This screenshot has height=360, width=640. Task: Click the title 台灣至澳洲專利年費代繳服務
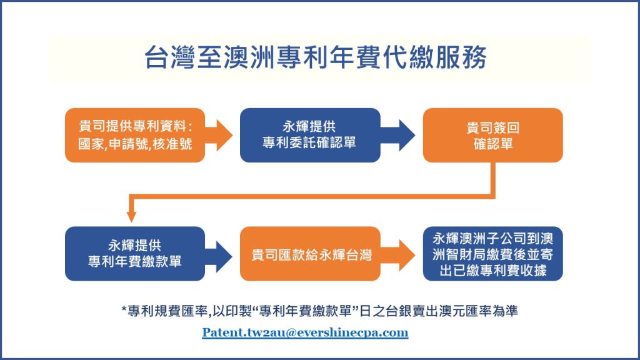tap(316, 57)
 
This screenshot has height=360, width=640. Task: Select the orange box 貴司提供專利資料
tap(135, 135)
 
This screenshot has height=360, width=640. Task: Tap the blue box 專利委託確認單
tap(310, 135)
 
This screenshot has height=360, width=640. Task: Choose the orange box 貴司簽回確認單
tap(492, 135)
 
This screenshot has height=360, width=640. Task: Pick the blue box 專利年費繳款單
tap(135, 254)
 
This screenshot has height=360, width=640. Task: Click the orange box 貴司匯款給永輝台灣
tap(310, 254)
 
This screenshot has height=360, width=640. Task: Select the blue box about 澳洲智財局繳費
tap(492, 254)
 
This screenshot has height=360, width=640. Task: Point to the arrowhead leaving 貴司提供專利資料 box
tap(224, 135)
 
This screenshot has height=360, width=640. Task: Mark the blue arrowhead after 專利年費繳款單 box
tap(224, 256)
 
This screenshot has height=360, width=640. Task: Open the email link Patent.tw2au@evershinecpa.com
tap(305, 332)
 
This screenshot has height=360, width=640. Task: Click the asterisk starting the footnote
tap(124, 310)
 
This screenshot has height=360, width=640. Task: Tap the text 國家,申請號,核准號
tap(135, 144)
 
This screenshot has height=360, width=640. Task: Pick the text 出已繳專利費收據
tap(493, 270)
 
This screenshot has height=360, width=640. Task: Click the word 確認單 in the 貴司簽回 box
tap(493, 144)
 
